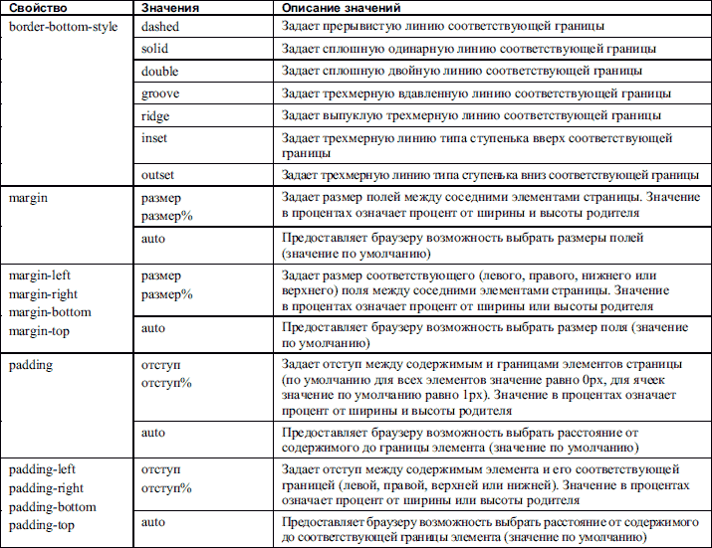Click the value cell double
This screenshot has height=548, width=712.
160,70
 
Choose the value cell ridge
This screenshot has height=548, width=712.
155,115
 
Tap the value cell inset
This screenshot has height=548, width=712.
155,138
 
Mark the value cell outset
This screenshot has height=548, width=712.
158,172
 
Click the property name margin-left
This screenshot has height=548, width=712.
41,275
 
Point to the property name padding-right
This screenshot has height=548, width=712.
47,488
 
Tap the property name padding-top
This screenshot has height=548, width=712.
42,524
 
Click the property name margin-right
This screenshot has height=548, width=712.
45,293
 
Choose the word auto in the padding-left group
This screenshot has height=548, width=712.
153,521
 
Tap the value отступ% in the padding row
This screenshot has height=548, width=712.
166,383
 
